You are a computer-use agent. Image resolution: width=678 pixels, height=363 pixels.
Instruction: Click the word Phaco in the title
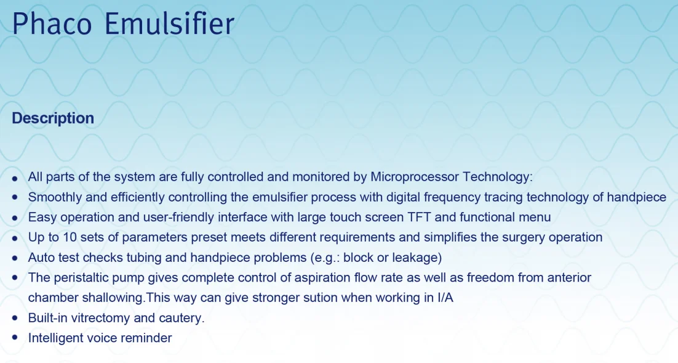pos(52,25)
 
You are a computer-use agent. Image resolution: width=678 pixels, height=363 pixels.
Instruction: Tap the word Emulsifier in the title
pos(169,25)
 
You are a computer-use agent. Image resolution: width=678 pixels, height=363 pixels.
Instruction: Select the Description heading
pos(53,118)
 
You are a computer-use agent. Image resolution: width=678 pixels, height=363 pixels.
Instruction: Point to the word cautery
pos(181,318)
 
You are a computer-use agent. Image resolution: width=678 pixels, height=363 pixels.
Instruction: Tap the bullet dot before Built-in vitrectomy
pos(15,318)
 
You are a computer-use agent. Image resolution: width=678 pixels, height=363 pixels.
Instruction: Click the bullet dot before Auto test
pos(15,258)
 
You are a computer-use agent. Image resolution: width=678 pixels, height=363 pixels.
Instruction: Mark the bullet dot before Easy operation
pos(15,218)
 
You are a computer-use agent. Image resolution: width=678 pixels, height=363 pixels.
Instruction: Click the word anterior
pos(568,277)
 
